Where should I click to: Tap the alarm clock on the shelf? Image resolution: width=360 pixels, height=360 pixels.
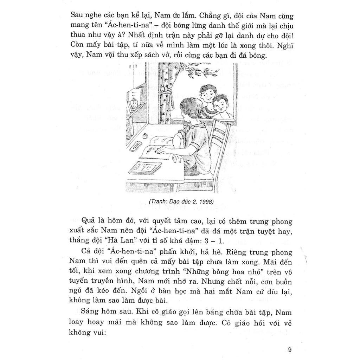pos(134,103)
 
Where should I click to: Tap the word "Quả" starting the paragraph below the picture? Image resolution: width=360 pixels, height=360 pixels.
pos(89,221)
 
